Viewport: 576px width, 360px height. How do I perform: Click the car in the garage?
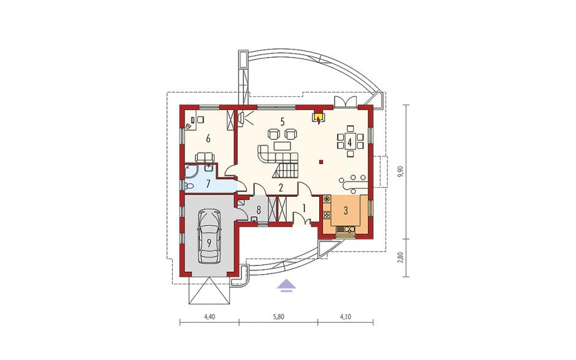click(x=209, y=236)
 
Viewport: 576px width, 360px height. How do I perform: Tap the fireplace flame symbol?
click(x=318, y=118)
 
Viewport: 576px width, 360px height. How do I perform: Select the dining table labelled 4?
click(x=350, y=141)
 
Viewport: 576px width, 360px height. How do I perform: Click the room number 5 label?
click(x=282, y=121)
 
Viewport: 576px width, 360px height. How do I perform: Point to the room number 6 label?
click(x=208, y=139)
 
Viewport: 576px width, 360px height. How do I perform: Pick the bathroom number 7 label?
click(x=208, y=183)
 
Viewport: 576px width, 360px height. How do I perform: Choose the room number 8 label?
click(x=259, y=210)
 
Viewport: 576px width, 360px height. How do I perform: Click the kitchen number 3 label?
click(x=346, y=210)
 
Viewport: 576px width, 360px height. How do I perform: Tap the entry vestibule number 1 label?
click(x=304, y=208)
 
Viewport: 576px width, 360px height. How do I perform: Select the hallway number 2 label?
click(x=281, y=188)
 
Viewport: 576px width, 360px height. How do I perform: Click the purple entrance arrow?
click(x=286, y=285)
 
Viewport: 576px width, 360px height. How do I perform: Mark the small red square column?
click(x=320, y=161)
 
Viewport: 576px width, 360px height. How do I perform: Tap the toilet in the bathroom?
click(x=189, y=185)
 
